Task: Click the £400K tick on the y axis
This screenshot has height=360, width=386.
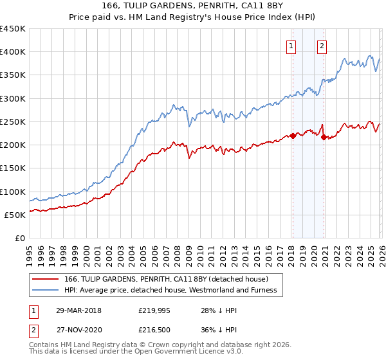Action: pos(13,52)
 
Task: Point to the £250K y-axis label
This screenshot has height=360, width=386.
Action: pos(13,122)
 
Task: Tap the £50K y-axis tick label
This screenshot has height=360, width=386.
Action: pos(15,215)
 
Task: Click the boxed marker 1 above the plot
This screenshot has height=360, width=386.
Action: pos(291,46)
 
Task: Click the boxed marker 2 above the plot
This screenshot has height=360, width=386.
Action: pos(322,46)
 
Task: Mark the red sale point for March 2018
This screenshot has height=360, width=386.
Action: pos(293,136)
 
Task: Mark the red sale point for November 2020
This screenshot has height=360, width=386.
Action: pos(323,137)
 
